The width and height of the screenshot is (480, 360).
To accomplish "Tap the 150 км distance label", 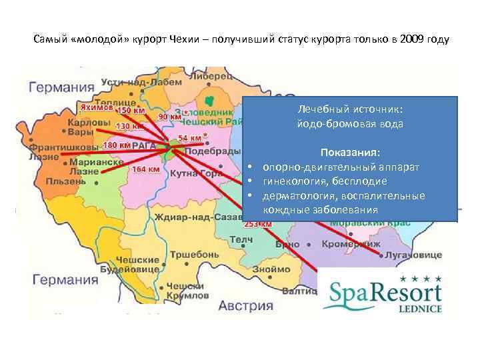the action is [132, 110].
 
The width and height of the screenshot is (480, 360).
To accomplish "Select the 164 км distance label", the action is [145, 169].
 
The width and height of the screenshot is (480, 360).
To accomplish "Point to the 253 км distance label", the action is [258, 225].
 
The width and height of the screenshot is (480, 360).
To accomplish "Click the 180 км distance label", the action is [117, 145].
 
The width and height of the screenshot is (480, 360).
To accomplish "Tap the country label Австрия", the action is [247, 306].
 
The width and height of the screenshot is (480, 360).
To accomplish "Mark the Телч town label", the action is [241, 239].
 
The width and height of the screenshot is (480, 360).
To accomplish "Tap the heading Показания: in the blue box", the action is [350, 152].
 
